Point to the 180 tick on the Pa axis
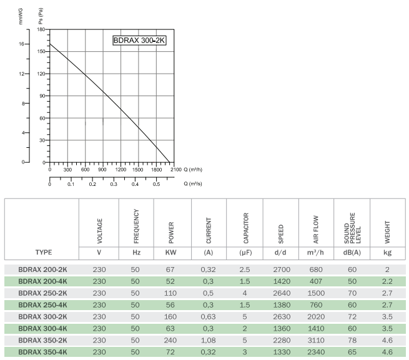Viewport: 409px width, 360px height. tap(41, 29)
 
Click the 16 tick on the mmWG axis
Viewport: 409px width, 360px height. tap(21, 44)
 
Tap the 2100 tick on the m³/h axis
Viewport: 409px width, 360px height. tap(175, 170)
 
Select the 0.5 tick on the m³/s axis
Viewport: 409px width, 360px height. tap(156, 184)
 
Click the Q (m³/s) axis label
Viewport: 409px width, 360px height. tap(193, 184)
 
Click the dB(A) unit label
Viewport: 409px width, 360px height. tap(352, 252)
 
